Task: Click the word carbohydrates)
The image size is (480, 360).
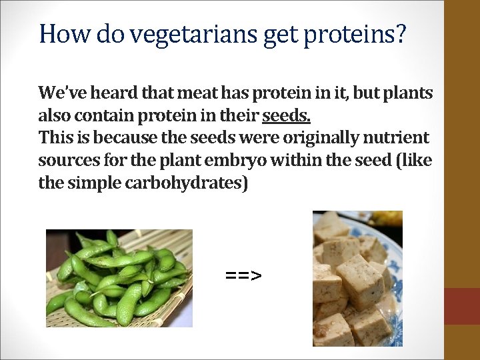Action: pyautogui.click(x=186, y=183)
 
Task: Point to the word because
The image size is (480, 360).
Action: pyautogui.click(x=122, y=139)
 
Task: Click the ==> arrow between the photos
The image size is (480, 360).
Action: pyautogui.click(x=244, y=275)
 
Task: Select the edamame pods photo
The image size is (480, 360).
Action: pyautogui.click(x=119, y=278)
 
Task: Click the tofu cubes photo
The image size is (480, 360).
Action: pyautogui.click(x=357, y=278)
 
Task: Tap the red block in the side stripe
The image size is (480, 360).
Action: pyautogui.click(x=462, y=306)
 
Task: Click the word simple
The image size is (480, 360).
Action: pyautogui.click(x=93, y=183)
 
